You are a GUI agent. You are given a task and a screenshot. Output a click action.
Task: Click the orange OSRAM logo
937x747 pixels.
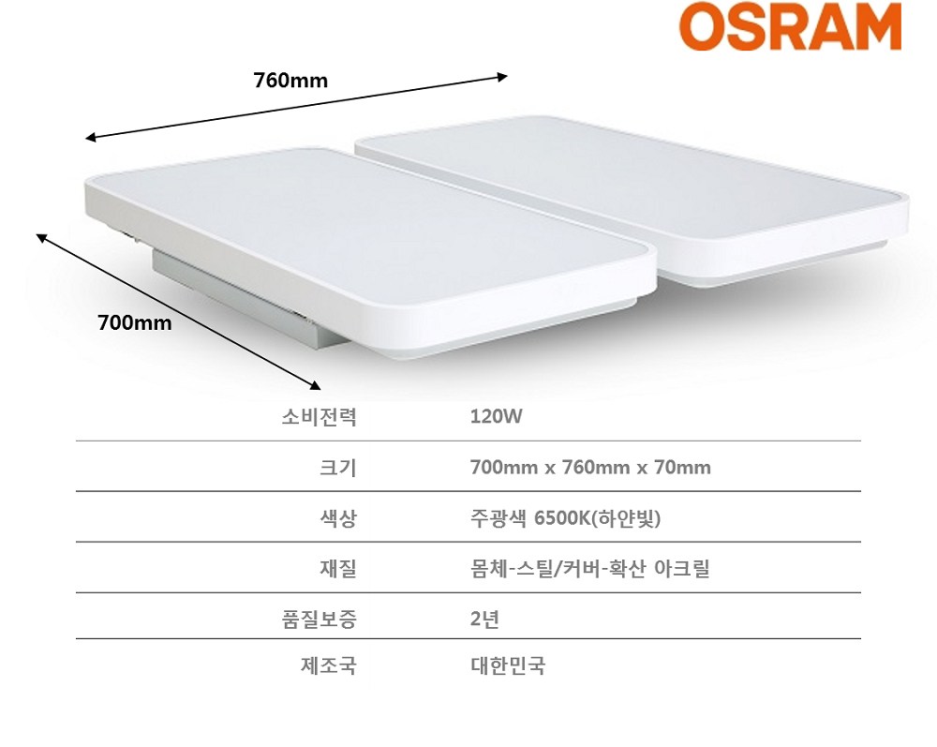[x=790, y=26]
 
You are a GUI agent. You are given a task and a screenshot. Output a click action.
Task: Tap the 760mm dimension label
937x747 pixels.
[x=290, y=80]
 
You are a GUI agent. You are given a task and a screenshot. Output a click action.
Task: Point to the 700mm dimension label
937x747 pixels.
[x=134, y=322]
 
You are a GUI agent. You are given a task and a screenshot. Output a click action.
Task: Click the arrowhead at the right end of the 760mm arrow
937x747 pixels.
[x=502, y=77]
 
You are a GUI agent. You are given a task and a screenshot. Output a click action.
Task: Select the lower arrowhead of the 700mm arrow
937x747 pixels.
[x=315, y=385]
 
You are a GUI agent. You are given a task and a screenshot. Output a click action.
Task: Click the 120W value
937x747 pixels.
[x=496, y=416]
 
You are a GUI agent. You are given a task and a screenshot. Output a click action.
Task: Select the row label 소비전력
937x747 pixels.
[x=320, y=416]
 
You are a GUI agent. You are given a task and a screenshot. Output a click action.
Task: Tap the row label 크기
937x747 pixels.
[x=338, y=468]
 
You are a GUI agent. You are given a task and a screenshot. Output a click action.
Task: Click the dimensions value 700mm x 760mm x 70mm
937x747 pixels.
[x=590, y=467]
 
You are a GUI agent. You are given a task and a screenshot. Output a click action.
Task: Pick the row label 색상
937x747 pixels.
[x=338, y=517]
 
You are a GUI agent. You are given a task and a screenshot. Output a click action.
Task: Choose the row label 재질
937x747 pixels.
[x=338, y=568]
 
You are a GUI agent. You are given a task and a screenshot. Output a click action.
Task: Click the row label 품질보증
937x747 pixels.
[x=320, y=619]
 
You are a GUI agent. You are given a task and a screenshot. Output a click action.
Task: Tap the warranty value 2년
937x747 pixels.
[x=484, y=619]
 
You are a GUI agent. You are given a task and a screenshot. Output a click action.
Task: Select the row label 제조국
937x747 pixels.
[x=329, y=665]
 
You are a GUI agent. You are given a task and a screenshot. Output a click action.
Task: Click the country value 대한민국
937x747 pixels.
[x=508, y=665]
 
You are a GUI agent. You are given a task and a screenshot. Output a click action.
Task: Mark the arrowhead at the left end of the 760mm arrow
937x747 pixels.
[x=91, y=138]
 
